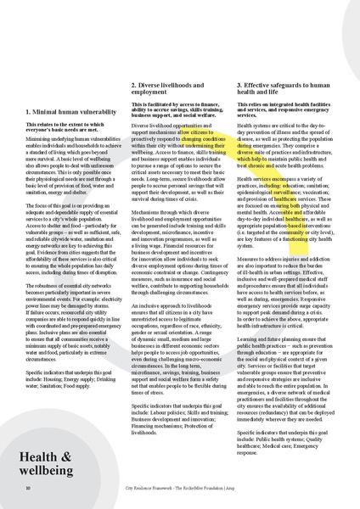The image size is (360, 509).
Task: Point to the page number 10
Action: tap(29, 489)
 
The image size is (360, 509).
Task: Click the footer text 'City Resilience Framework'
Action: tap(152, 489)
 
